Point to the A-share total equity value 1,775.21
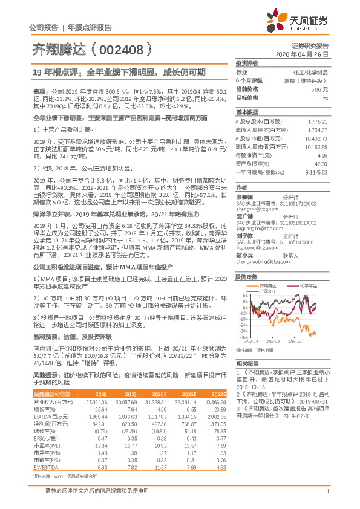click(x=317, y=122)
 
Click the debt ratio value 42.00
click(x=320, y=163)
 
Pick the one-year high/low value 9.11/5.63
click(x=316, y=172)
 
